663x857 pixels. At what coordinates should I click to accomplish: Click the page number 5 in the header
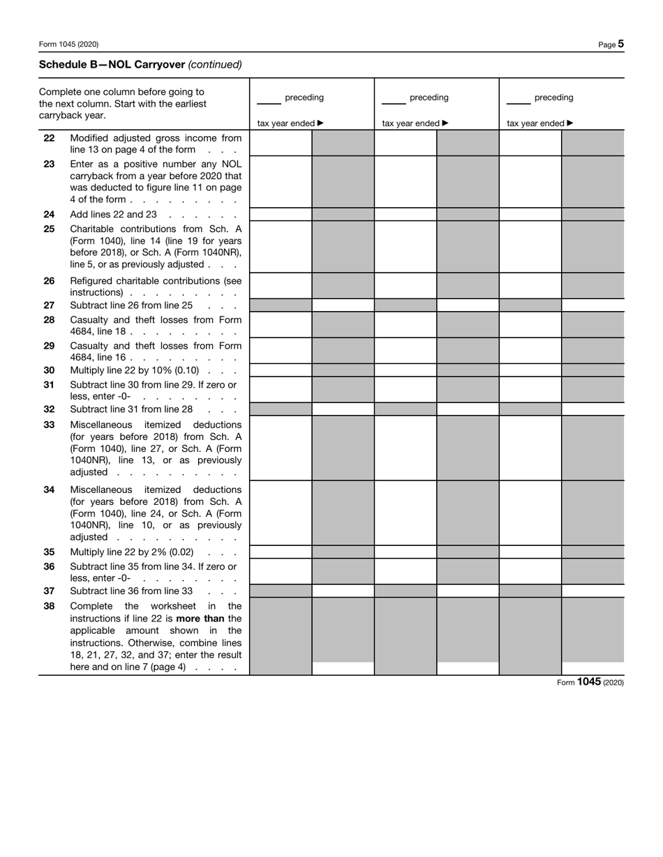tap(620, 44)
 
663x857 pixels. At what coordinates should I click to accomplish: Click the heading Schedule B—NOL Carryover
tap(112, 64)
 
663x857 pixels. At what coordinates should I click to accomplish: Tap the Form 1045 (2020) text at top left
tap(68, 45)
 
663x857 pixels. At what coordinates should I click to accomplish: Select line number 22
tap(49, 138)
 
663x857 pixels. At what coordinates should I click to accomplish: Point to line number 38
tap(49, 606)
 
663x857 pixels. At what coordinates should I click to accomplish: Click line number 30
tap(49, 370)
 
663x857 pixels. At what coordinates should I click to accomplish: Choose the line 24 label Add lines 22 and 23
tap(113, 215)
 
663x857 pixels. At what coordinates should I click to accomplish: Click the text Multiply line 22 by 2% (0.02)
tap(131, 552)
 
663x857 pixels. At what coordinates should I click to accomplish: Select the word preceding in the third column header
tap(553, 98)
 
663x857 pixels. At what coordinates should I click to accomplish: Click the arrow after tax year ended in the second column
tap(445, 123)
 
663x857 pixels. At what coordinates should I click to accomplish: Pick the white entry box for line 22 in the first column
tap(281, 143)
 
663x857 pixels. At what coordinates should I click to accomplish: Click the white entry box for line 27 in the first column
tap(343, 305)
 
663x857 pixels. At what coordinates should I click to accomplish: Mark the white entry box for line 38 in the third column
tap(593, 668)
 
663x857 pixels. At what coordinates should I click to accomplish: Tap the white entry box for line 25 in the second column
tap(405, 247)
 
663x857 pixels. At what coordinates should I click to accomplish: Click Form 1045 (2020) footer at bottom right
tap(590, 682)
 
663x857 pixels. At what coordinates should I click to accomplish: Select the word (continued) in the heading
tap(215, 64)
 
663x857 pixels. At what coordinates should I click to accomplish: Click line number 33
tap(49, 425)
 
